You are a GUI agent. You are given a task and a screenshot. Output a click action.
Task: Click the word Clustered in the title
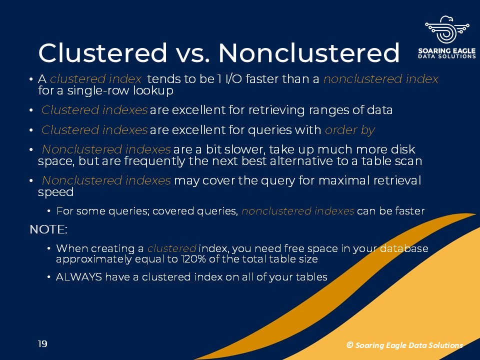[x=103, y=52]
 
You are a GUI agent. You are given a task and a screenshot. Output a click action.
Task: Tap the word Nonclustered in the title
[x=308, y=52]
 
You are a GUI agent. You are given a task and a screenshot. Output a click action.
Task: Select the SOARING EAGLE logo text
[x=447, y=51]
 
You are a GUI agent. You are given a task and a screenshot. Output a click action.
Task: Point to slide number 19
[x=42, y=344]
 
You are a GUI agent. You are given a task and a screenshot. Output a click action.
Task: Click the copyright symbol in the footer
[x=349, y=345]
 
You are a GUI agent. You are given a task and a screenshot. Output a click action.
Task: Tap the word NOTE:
[x=48, y=229]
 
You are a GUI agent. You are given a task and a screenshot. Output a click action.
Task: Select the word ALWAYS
[x=78, y=276]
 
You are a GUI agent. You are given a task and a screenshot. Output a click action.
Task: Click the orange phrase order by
[x=349, y=130]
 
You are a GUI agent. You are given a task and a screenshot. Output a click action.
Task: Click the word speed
[x=55, y=192]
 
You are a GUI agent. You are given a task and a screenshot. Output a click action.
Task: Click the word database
[x=404, y=248]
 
